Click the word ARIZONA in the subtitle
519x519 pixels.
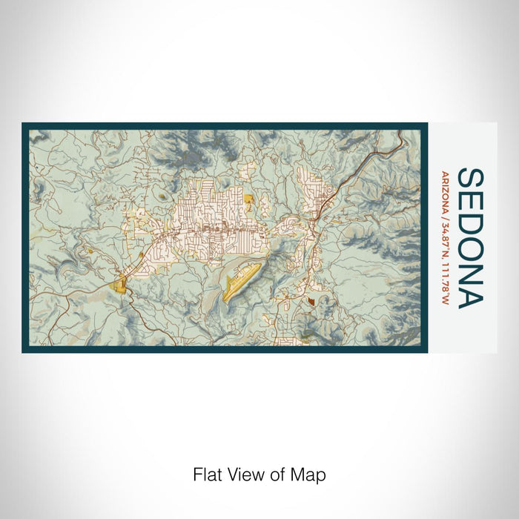pos(444,193)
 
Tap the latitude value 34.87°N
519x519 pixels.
pos(444,239)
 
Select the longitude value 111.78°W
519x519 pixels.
pos(444,281)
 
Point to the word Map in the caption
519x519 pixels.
pos(309,475)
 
